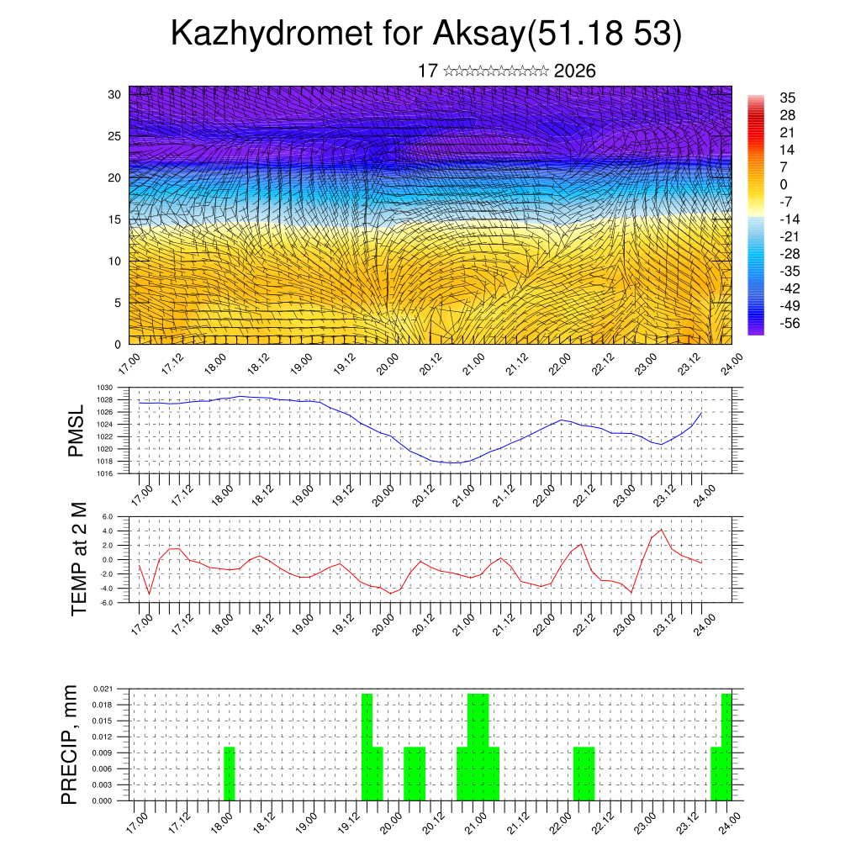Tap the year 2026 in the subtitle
575,71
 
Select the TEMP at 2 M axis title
79,559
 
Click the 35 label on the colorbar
788,98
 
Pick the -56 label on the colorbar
791,322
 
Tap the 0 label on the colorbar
784,184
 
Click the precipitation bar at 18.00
229,774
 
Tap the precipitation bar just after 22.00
584,774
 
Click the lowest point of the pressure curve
452,462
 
